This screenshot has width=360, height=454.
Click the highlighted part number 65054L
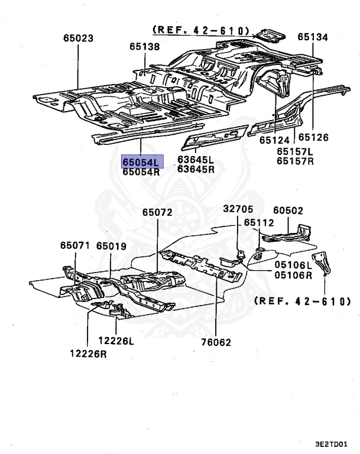pos(141,161)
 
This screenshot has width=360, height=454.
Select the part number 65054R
pos(141,172)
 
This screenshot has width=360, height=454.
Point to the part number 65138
pos(145,46)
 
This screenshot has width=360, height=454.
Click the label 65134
pos(312,37)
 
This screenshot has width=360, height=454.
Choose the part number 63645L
pos(196,159)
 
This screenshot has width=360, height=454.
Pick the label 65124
pos(274,140)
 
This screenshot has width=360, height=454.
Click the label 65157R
pos(295,161)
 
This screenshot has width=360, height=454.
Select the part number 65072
pos(157,212)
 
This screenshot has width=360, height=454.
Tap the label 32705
pos(238,209)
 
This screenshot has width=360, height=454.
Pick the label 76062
pos(215,342)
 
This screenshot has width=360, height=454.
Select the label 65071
pos(75,245)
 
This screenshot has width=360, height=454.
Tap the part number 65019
pos(112,245)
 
